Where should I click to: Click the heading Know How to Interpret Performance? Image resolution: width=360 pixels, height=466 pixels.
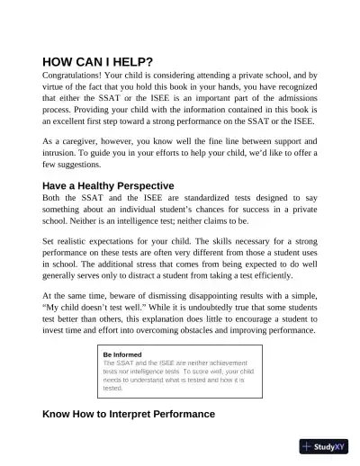tap(129, 413)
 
